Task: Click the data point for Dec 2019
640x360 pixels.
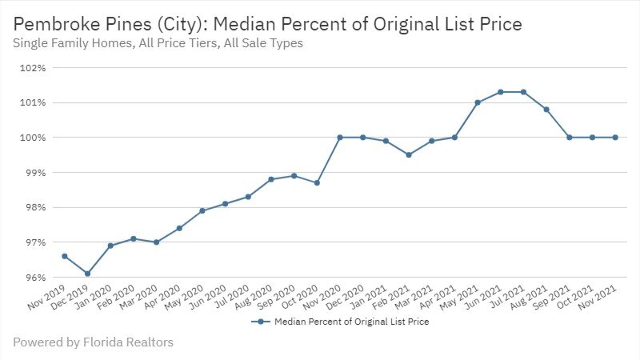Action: pos(87,274)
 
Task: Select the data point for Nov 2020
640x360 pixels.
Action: pos(340,138)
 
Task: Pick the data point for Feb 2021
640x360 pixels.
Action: pos(409,155)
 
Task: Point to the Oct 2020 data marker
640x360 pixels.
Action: pos(317,183)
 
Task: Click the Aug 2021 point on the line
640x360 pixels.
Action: pos(546,110)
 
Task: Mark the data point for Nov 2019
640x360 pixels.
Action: pos(64,256)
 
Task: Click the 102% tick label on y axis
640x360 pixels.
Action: pos(31,68)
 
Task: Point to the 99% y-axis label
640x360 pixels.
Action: pos(33,173)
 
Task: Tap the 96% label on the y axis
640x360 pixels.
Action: pos(33,278)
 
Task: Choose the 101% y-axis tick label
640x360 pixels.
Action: pos(31,103)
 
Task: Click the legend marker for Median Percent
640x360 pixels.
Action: pos(259,322)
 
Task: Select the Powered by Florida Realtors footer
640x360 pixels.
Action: pos(93,342)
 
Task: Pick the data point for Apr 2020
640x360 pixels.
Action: pos(179,228)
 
